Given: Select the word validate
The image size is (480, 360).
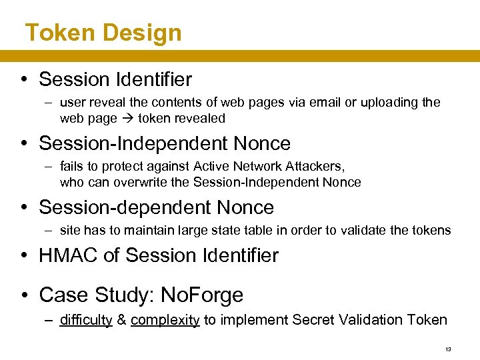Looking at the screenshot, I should pyautogui.click(x=381, y=231).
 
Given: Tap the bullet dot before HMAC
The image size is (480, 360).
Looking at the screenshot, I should pyautogui.click(x=24, y=255).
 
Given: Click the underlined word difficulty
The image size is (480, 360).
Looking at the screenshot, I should pyautogui.click(x=86, y=320).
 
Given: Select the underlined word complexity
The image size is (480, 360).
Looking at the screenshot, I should pyautogui.click(x=165, y=320).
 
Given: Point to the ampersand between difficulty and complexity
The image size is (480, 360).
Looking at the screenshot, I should pyautogui.click(x=121, y=320).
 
